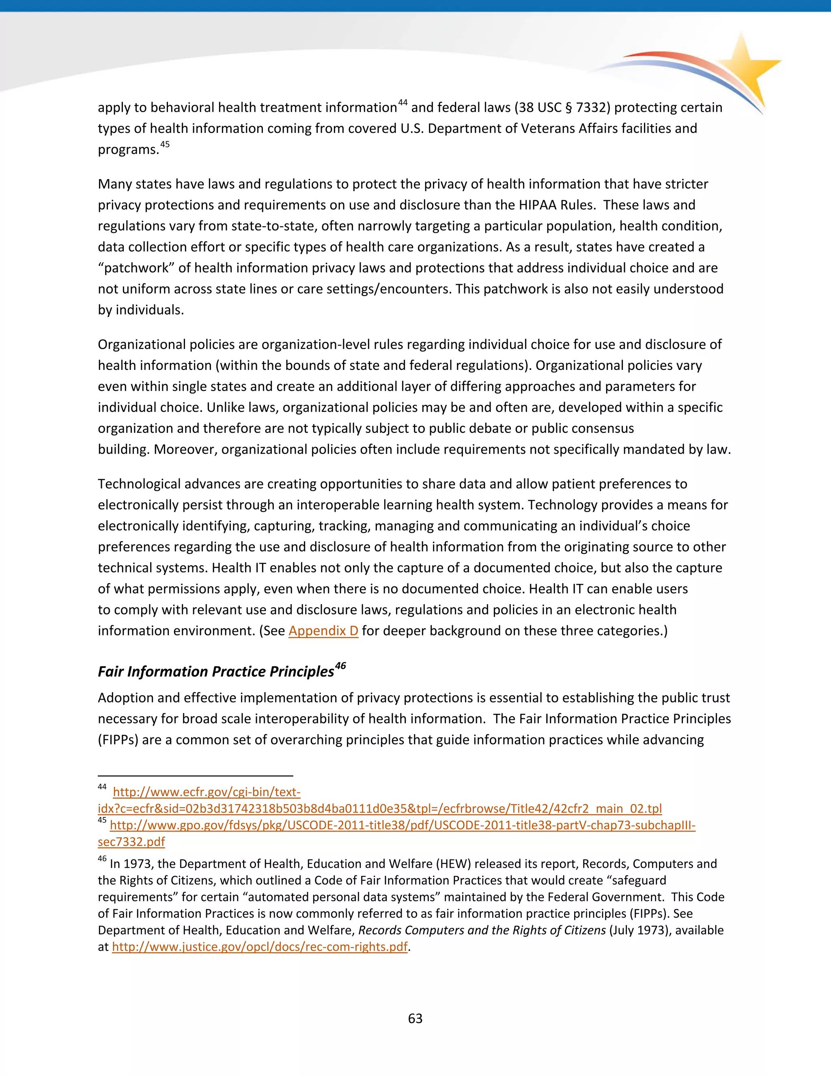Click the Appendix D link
pos(323,631)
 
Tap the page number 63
pos(415,1018)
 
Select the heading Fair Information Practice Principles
pos(215,672)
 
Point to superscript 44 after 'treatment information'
pos(403,102)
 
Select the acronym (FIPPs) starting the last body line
pos(118,739)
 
